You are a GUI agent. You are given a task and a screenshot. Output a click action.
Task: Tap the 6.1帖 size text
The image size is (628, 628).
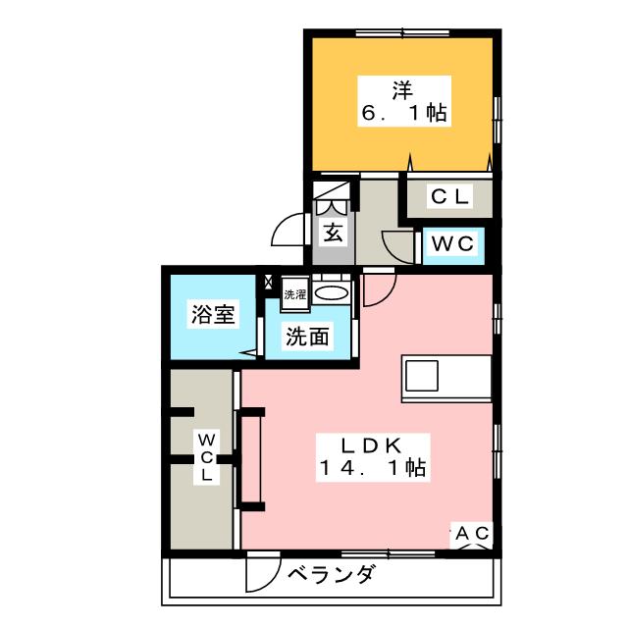pyautogui.click(x=403, y=115)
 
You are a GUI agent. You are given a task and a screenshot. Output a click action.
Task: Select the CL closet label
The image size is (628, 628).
pyautogui.click(x=450, y=197)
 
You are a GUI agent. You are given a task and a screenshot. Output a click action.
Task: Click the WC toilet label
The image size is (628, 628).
pyautogui.click(x=452, y=242)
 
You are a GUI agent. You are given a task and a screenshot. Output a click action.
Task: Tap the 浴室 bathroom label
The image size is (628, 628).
pyautogui.click(x=213, y=315)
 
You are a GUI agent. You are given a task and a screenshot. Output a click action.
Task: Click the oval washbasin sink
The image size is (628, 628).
pyautogui.click(x=332, y=292)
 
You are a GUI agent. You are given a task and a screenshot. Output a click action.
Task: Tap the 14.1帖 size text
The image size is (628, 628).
pyautogui.click(x=370, y=468)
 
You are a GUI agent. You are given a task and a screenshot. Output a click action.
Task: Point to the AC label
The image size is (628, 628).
pyautogui.click(x=471, y=534)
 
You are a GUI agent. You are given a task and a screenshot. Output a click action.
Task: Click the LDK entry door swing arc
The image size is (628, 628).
pyautogui.click(x=379, y=288)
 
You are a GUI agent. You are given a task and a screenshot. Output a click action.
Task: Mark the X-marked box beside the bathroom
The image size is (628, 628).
pyautogui.click(x=269, y=282)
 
